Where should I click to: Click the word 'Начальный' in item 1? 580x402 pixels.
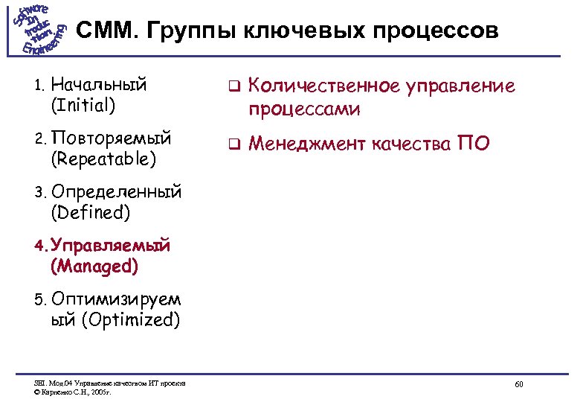point(99,83)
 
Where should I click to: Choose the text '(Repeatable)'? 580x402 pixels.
point(103,159)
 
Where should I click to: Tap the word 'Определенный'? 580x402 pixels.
point(116,192)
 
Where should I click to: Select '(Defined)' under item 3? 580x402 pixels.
point(90,213)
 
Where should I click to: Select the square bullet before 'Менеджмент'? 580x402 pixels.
point(231,143)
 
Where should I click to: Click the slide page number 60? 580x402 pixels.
point(519,384)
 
